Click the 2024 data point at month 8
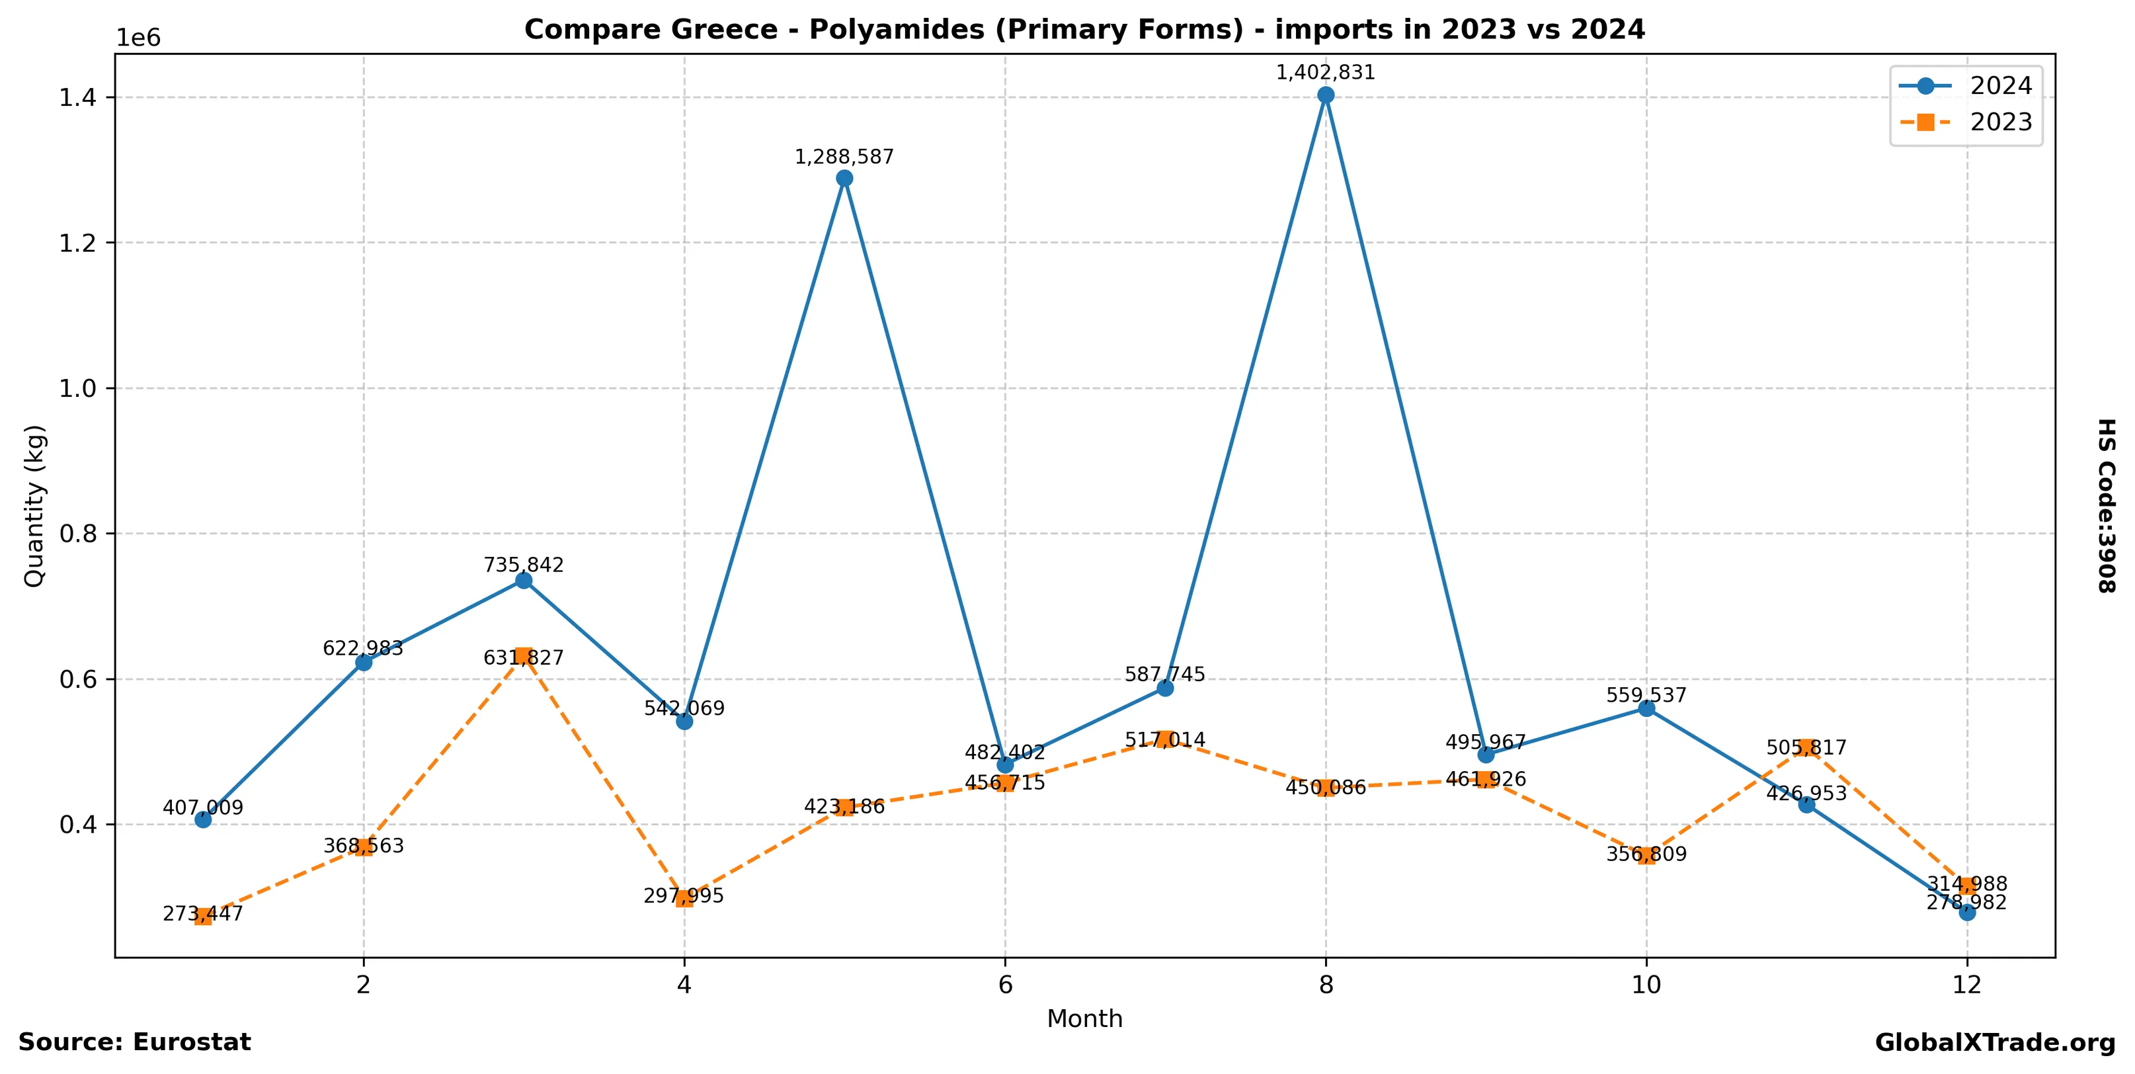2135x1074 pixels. click(1325, 95)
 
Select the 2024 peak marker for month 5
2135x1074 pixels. click(844, 178)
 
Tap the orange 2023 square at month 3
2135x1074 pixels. click(524, 656)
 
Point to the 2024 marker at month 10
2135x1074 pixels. click(1646, 708)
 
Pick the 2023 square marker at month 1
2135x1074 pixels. click(203, 917)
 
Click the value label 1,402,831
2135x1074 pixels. click(1325, 73)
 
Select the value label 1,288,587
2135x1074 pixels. click(844, 157)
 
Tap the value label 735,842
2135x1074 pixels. click(524, 565)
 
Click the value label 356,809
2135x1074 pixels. click(1646, 854)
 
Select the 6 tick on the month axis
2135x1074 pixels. click(1005, 985)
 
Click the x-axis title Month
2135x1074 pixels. click(1084, 1018)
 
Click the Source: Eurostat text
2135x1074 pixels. click(134, 1042)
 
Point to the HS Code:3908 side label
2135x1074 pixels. click(2106, 505)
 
